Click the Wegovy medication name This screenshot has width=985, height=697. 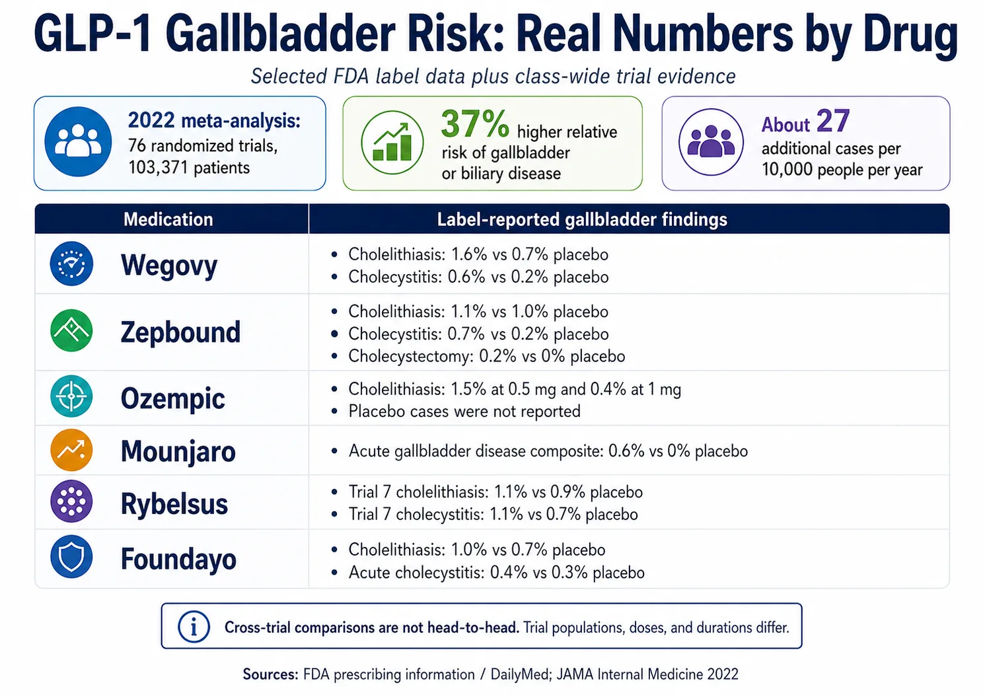[x=168, y=266]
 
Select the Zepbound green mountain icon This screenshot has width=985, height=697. [x=71, y=330]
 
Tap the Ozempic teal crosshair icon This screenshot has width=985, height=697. [x=71, y=396]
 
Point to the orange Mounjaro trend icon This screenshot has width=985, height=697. [x=71, y=450]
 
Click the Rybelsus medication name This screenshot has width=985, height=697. [x=174, y=504]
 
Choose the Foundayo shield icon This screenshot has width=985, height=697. [x=71, y=557]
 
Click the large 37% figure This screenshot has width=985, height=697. [x=474, y=124]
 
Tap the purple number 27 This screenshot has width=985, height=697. [x=832, y=121]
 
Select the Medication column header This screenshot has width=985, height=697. [x=168, y=219]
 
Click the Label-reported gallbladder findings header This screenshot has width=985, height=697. [x=581, y=219]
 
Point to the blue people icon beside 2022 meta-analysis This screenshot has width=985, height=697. [x=78, y=141]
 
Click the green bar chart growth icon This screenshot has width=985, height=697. [x=392, y=143]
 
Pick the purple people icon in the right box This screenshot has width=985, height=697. [x=711, y=141]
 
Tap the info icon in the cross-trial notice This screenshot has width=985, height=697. [x=194, y=626]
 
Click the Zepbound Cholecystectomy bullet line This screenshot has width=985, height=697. [x=486, y=356]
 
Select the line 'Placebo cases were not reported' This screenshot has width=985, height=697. [x=464, y=411]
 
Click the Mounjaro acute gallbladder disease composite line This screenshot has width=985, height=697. [x=548, y=451]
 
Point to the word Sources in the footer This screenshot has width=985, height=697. [x=270, y=674]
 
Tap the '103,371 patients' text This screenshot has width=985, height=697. [x=189, y=167]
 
